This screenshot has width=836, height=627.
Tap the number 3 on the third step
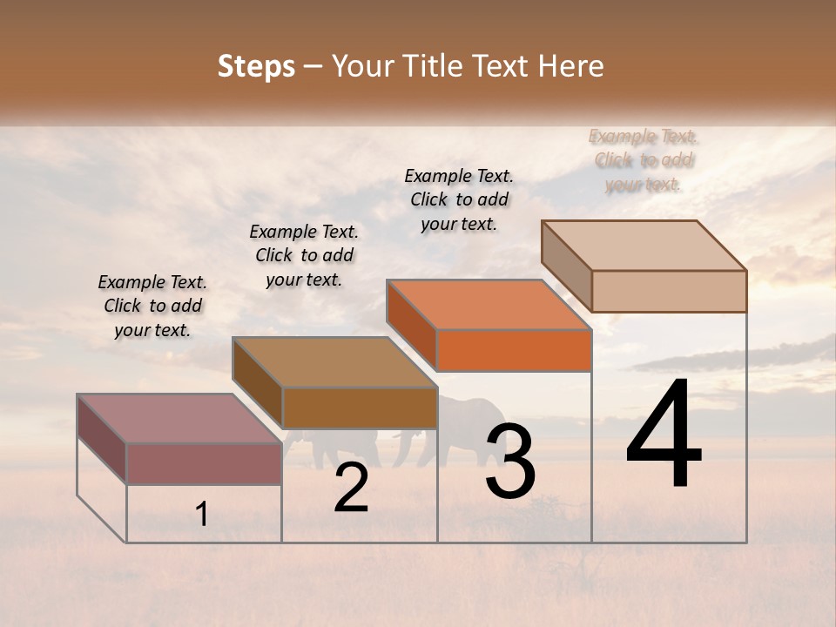[x=509, y=462]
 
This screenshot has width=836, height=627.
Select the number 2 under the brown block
[x=351, y=488]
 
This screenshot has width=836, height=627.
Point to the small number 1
[x=201, y=515]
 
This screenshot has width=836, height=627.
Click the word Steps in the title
[x=256, y=66]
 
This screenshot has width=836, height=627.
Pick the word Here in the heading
[x=571, y=66]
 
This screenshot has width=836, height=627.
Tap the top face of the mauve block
[x=179, y=418]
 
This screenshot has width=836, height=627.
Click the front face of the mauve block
[x=204, y=463]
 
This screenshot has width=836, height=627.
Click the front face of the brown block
[x=359, y=408]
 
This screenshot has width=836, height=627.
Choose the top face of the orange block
[x=488, y=305]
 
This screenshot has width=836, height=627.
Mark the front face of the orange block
[x=514, y=350]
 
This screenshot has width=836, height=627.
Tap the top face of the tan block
[x=643, y=245]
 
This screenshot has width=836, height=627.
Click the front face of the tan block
[x=669, y=291]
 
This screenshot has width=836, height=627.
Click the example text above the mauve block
[x=152, y=306]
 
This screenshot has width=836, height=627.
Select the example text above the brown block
[x=304, y=255]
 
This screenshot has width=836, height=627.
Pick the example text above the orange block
[x=459, y=199]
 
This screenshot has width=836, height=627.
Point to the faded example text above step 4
[x=644, y=160]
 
